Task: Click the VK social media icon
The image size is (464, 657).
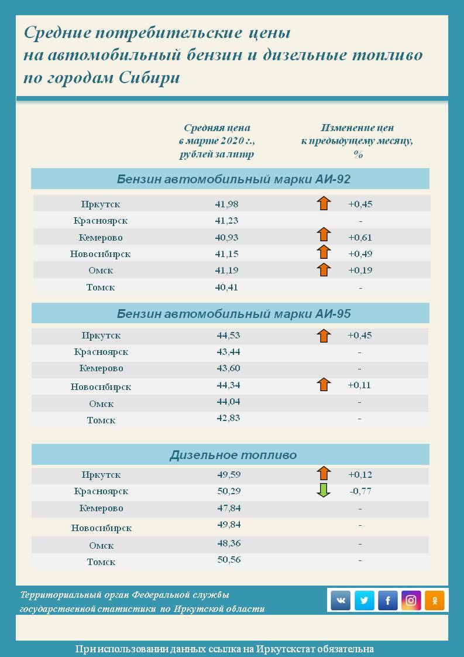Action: (x=341, y=600)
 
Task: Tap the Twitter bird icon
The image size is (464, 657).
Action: (x=364, y=600)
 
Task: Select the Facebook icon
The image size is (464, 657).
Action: (x=387, y=600)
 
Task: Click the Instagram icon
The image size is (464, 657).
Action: (x=411, y=600)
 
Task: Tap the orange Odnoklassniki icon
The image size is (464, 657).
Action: (x=434, y=600)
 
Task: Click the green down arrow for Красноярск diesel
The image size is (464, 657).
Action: (x=324, y=491)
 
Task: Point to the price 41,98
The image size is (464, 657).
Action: (x=226, y=204)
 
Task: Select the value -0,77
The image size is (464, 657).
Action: (x=360, y=491)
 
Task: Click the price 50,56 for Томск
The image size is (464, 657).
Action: (x=229, y=559)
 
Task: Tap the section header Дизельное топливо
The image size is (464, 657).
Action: (x=233, y=455)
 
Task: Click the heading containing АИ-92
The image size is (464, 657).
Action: (x=233, y=179)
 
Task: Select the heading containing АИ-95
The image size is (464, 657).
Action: (x=233, y=313)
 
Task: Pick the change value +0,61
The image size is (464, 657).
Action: (x=360, y=237)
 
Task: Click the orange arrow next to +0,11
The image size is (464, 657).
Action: (x=324, y=385)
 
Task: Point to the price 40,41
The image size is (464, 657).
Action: (x=226, y=287)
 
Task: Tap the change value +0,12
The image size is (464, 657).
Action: (x=360, y=474)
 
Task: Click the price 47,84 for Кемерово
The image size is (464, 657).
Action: (x=229, y=508)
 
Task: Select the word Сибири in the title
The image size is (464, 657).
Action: (x=151, y=78)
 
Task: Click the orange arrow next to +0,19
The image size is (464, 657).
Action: (x=324, y=270)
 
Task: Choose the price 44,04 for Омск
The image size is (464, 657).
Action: (x=229, y=402)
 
